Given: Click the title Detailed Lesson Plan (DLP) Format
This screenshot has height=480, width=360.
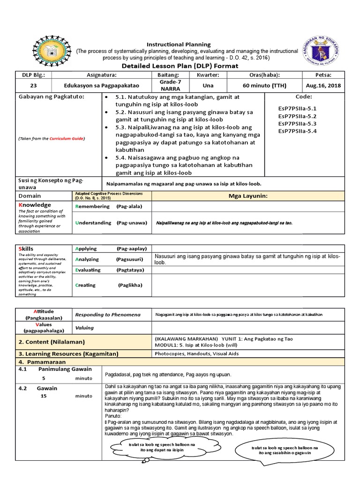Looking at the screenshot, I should point(180,66).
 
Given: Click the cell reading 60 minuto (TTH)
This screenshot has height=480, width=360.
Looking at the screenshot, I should point(265,85).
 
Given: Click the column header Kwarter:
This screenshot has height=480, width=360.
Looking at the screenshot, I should point(208,75).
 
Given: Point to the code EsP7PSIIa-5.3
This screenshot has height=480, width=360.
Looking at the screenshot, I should point(297,123).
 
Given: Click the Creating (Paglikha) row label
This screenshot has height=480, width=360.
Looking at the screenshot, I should point(108,285).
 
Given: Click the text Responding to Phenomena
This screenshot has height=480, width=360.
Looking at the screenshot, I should point(108,314).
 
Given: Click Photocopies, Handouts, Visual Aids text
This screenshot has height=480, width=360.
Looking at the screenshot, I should point(192,354).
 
